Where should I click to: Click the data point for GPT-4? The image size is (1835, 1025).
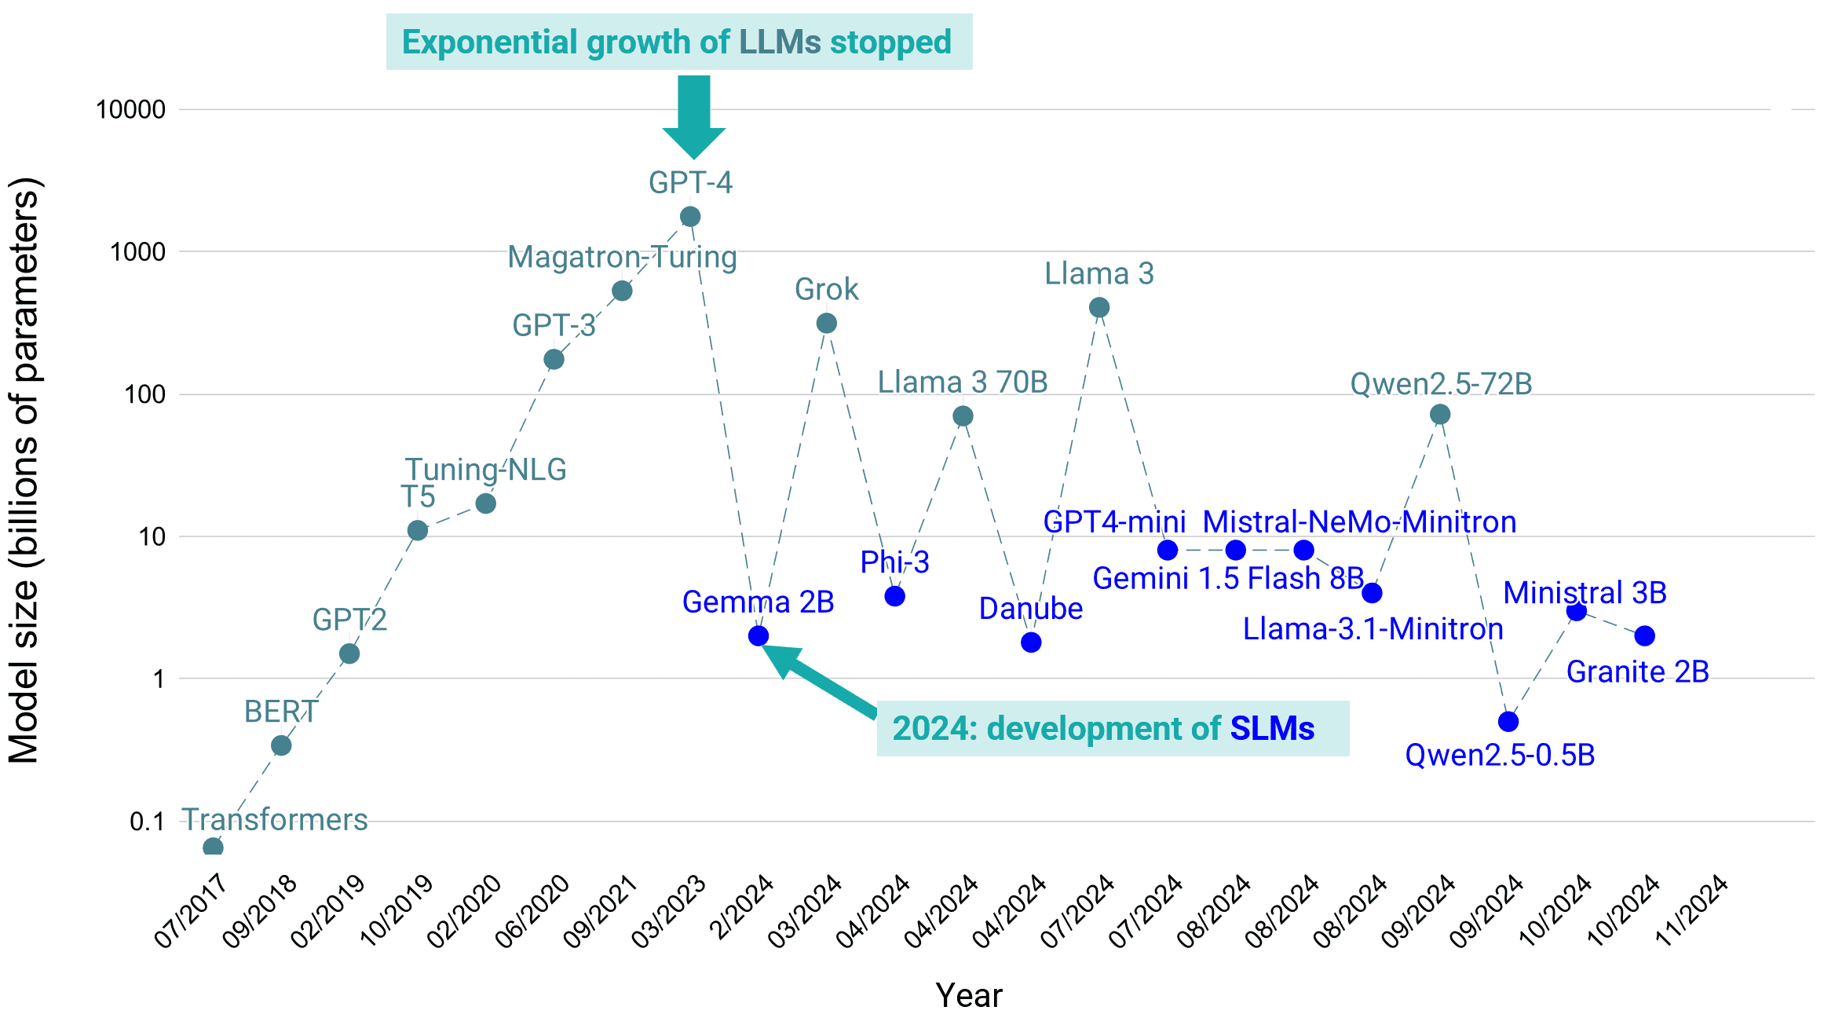coord(690,217)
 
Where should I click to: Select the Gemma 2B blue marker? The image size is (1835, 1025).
coord(758,635)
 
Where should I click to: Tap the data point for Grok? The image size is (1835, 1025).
coord(827,323)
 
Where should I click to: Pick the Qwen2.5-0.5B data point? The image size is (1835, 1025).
coord(1508,721)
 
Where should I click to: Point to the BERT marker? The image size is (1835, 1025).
coord(281,745)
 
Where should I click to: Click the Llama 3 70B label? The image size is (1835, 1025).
coord(963,383)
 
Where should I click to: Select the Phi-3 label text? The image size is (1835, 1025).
coord(894,562)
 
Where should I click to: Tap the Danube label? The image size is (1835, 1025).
coord(1030,609)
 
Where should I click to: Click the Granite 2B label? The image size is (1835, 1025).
coord(1638,672)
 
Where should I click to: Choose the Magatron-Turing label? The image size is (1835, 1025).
coord(622,258)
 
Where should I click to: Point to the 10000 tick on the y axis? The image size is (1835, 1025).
coord(130,110)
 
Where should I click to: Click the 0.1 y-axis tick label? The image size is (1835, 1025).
coord(147,822)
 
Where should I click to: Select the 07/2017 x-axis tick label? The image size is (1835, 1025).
coord(191,911)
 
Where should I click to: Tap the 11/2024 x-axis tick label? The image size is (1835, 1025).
coord(1691,911)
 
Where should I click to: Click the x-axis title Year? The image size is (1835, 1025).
coord(969,996)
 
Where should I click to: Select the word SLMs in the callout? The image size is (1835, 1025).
coord(1272,729)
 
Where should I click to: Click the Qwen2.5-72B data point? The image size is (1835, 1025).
coord(1440,414)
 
